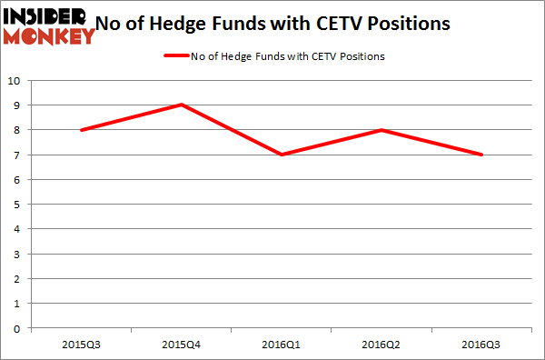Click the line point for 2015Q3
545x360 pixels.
pyautogui.click(x=82, y=130)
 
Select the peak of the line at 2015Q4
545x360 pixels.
pyautogui.click(x=182, y=105)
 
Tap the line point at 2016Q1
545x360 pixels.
pyautogui.click(x=282, y=155)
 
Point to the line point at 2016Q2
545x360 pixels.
pyautogui.click(x=382, y=130)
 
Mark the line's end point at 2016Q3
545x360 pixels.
pyautogui.click(x=482, y=155)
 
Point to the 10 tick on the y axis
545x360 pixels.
pyautogui.click(x=15, y=80)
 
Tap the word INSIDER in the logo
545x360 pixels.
pyautogui.click(x=45, y=16)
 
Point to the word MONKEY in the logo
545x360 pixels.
pyautogui.click(x=49, y=35)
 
